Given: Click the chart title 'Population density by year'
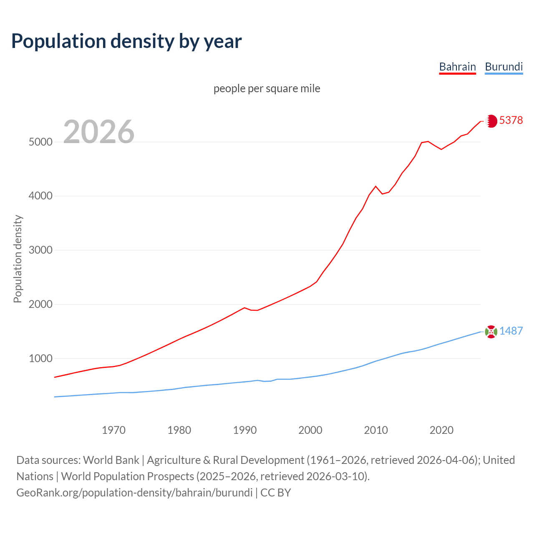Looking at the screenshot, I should click(x=126, y=41).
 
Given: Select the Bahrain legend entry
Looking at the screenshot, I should click(x=458, y=67).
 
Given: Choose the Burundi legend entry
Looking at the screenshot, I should click(x=504, y=67).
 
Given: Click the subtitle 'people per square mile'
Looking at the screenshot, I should click(x=267, y=89).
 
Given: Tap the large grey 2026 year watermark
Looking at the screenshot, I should click(x=99, y=132).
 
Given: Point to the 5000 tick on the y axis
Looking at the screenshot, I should click(x=40, y=142).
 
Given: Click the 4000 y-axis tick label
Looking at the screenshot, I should click(x=40, y=196).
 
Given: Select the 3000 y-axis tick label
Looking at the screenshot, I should click(x=40, y=250).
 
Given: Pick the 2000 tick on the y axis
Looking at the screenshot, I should click(x=40, y=305).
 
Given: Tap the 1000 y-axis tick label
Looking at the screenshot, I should click(x=40, y=359).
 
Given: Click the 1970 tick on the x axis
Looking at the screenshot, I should click(x=114, y=430).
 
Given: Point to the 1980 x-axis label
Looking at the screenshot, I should click(x=179, y=430).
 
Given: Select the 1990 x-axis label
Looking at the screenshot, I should click(x=245, y=430).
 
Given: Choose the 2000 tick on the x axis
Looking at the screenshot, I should click(x=310, y=430).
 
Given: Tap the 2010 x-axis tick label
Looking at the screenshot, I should click(x=376, y=430).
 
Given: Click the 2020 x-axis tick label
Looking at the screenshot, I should click(x=441, y=430).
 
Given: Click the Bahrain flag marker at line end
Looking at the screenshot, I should click(x=491, y=121).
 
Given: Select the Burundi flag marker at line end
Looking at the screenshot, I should click(x=491, y=332).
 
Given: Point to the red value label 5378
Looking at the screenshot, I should click(x=511, y=121).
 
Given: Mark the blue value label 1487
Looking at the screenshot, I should click(x=511, y=331).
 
